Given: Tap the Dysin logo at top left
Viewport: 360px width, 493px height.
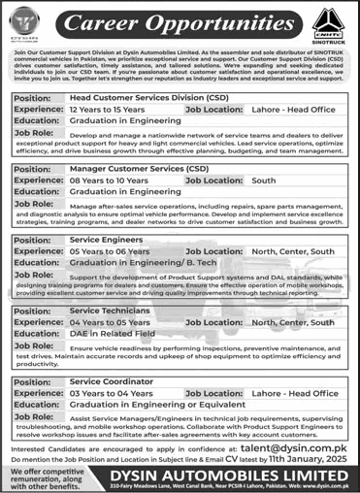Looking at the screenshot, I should click(x=29, y=20).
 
